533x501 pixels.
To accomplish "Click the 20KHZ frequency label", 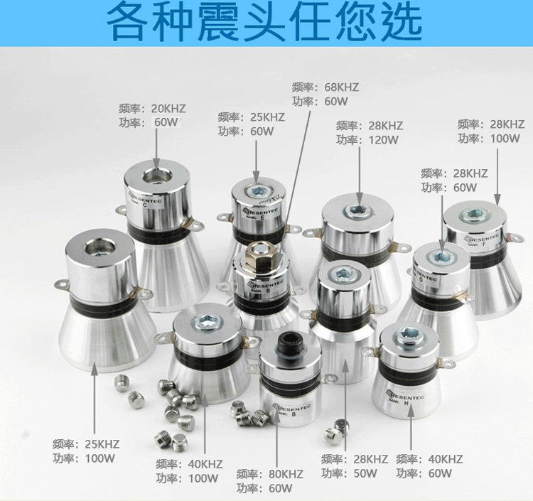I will [x=168, y=109].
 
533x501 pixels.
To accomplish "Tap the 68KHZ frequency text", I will [x=342, y=87].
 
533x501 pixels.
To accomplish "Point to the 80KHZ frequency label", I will [x=286, y=474].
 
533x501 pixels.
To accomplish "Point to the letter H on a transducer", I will [x=406, y=403].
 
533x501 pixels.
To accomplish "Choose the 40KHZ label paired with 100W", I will [x=205, y=464].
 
